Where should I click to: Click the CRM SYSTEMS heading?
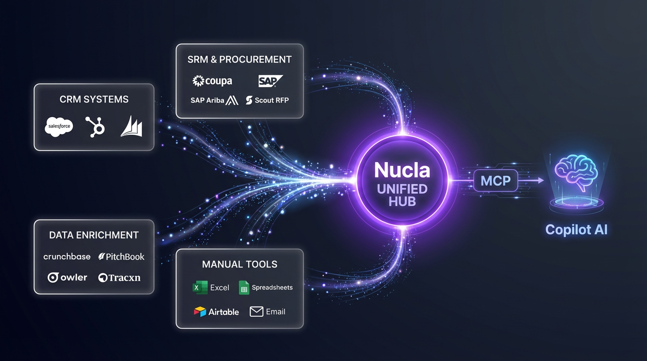pos(94,99)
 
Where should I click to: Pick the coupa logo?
pos(213,81)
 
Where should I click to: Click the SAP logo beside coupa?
pos(270,81)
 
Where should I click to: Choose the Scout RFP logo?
pos(267,100)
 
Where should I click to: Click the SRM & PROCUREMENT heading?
pos(239,60)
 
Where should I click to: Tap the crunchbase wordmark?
pos(67,257)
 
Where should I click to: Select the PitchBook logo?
pos(121,257)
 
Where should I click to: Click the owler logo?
pos(68,277)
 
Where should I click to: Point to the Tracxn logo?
pos(119,277)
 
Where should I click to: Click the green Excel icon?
pos(200,287)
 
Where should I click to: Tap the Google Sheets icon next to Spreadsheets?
pos(244,288)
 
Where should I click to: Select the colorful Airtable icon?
pos(200,312)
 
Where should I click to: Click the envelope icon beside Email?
pos(256,311)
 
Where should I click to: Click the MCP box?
pos(496,180)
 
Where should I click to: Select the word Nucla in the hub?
pos(402,170)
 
